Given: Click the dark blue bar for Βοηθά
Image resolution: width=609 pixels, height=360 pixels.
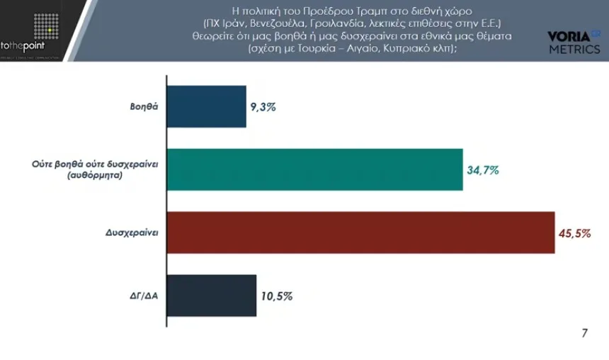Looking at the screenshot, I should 206,108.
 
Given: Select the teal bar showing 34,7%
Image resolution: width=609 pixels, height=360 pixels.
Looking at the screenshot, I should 314,170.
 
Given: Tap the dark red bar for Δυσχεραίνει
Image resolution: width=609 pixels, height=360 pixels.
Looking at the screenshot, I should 360,232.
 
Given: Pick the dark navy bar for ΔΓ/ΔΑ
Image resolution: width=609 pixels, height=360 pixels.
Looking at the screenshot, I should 211,296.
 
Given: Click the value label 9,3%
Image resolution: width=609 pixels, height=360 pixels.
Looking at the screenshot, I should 262,108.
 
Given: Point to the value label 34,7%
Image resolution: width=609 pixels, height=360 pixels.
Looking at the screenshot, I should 483,170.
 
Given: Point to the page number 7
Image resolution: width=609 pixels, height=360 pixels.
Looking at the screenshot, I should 584,333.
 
